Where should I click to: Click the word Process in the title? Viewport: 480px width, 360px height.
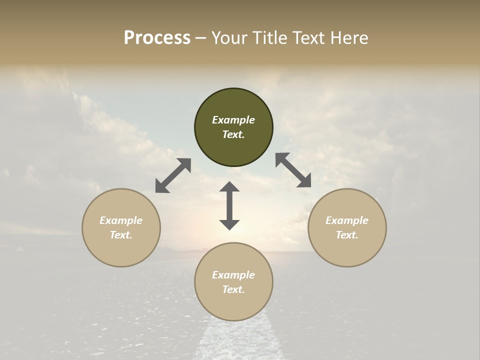coord(157,38)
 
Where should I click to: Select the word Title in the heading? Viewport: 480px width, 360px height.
coord(269,38)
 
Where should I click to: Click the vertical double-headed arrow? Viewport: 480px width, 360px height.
coord(229,205)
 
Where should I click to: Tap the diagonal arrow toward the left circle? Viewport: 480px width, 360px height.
coord(173,175)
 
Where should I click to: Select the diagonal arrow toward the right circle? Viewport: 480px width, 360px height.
coord(293,170)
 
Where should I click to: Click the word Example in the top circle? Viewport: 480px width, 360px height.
coord(233,120)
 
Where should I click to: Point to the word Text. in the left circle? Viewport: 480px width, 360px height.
coord(121,235)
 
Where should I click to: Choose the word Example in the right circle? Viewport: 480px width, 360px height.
coord(347,220)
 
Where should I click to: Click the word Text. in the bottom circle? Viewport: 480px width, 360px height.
coord(233,289)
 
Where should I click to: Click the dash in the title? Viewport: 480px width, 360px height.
coord(200,38)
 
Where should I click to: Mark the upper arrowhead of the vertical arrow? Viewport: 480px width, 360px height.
coord(229,187)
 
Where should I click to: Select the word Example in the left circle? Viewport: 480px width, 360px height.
coord(121,220)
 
